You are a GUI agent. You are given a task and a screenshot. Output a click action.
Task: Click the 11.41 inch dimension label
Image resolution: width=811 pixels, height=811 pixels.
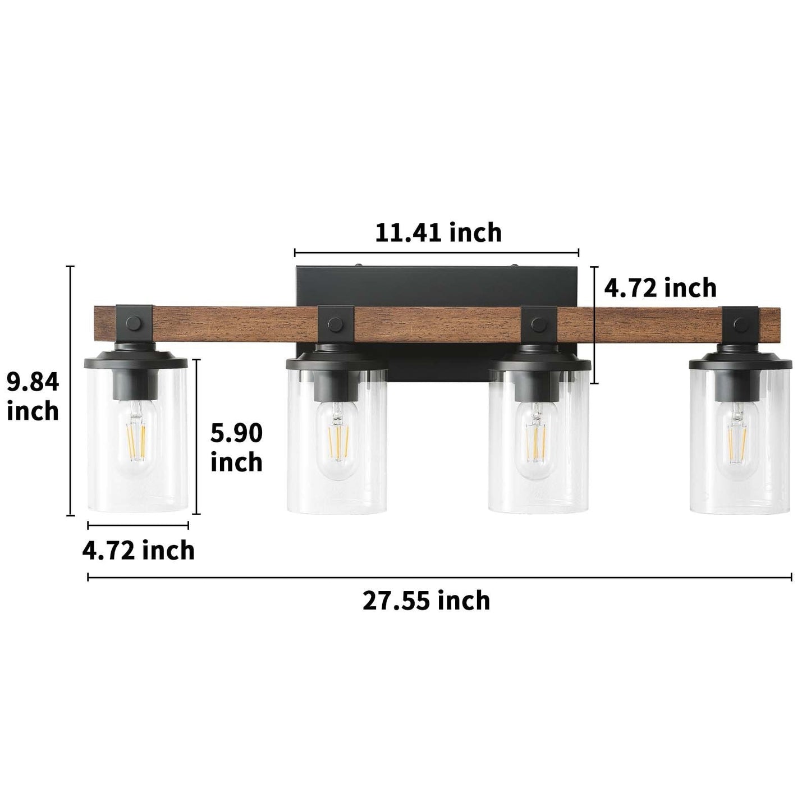[438, 232]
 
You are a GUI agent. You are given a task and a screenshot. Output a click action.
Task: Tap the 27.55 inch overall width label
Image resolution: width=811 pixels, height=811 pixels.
[426, 601]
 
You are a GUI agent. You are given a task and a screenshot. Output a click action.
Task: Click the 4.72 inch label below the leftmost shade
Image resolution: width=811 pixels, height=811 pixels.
[138, 550]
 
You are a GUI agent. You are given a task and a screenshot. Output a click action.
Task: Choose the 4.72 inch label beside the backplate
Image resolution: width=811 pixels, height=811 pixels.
[660, 288]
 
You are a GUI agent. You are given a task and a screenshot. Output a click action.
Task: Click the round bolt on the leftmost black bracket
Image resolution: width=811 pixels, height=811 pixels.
[134, 324]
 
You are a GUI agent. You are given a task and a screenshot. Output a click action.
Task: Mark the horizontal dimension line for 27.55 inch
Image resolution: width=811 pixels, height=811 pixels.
[439, 577]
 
